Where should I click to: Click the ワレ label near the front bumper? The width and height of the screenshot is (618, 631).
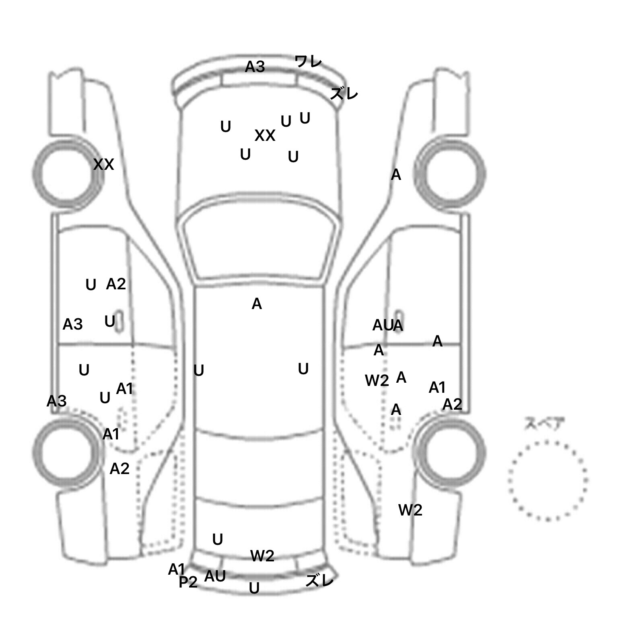coord(308,62)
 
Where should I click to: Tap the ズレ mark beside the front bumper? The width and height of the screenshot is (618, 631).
coord(344,94)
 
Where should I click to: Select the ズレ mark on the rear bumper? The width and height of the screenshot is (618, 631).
coord(319,581)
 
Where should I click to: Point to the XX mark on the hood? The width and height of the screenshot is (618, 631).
coord(265,136)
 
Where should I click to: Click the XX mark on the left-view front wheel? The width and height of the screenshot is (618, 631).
coord(103,165)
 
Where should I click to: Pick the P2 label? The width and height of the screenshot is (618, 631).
coord(188,582)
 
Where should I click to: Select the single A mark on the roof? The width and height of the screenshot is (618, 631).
coord(257,304)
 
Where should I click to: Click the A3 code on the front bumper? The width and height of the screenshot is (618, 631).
coord(255,67)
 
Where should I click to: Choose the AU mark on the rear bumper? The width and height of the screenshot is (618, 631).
coord(215,576)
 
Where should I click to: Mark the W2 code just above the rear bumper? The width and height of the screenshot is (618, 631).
coord(262,556)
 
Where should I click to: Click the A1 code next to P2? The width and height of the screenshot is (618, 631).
coord(176,569)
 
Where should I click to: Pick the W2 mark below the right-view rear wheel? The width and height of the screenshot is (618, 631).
coord(410,510)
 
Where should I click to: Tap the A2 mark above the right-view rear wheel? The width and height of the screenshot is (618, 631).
coord(452,404)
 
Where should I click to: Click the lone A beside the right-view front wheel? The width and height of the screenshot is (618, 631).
coord(396,175)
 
